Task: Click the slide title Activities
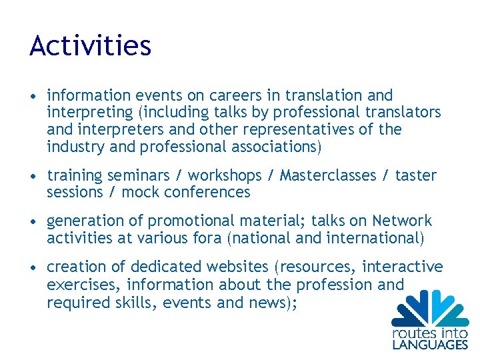pos(91,46)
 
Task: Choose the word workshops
pos(225,175)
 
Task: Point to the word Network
pos(402,221)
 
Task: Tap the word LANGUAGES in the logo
pos(430,345)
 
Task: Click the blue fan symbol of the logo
pos(430,308)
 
